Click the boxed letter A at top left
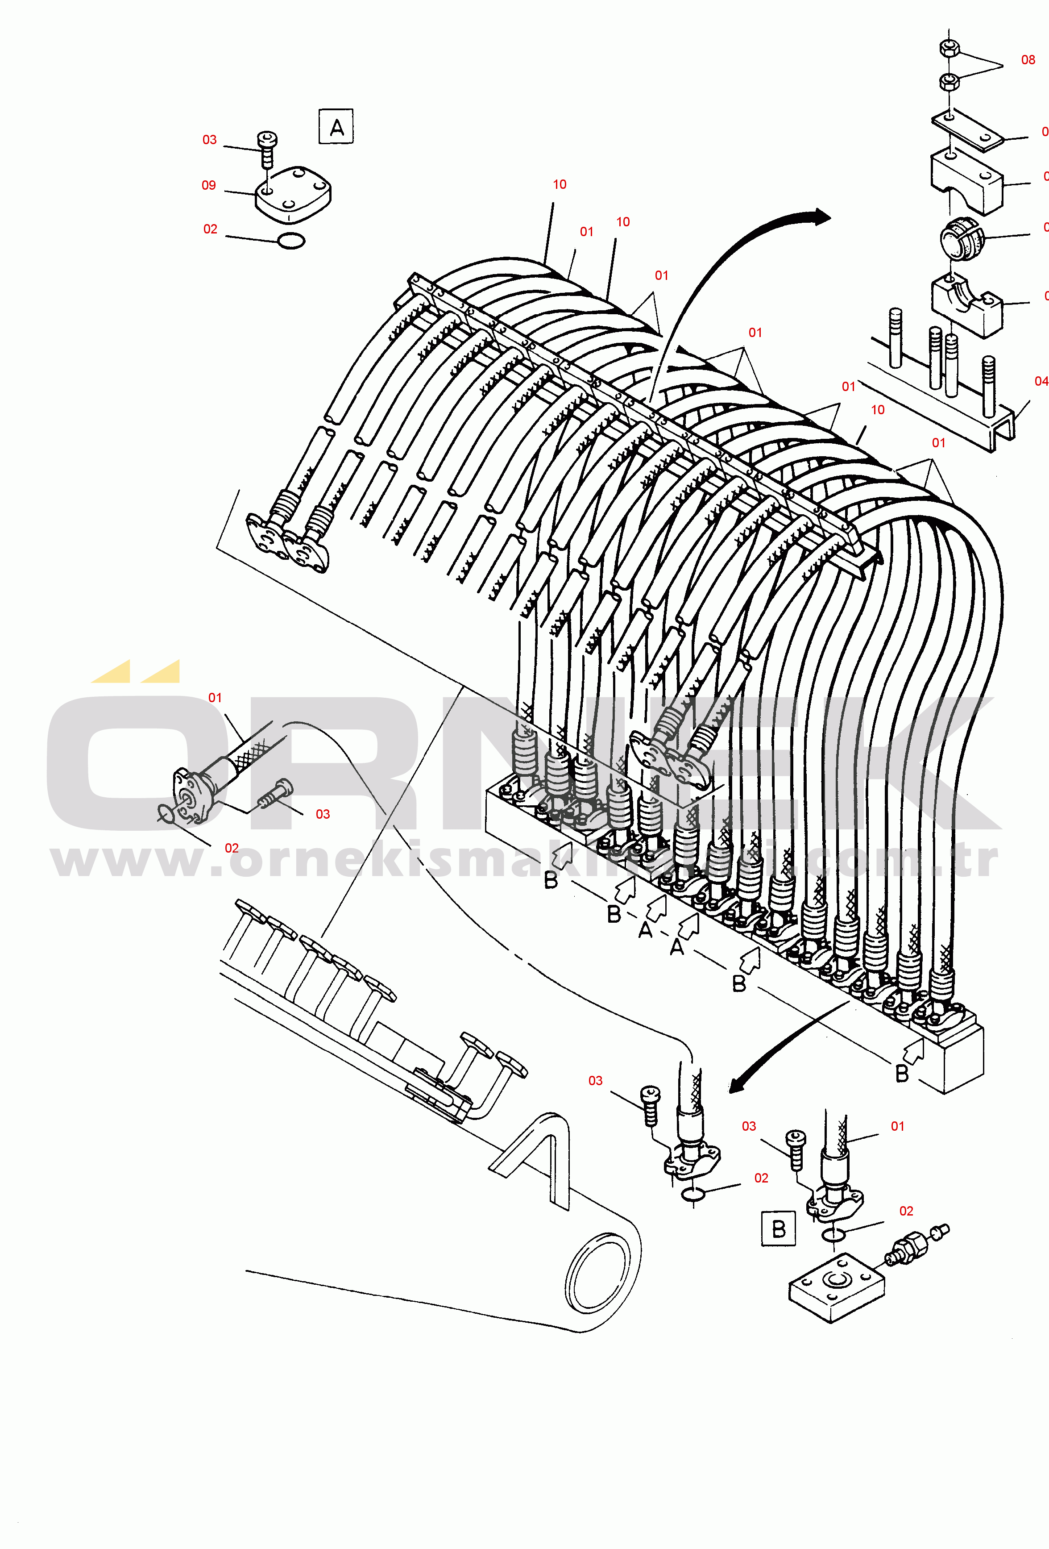pos(336,127)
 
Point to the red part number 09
pos(208,185)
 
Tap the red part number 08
pos(1028,60)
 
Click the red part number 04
pos(1041,381)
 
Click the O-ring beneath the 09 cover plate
pos(291,242)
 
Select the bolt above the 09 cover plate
pos(267,149)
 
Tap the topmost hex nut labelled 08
pos(949,48)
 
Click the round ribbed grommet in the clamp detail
pos(958,237)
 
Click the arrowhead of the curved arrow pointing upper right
pos(822,217)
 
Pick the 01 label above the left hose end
pos(215,698)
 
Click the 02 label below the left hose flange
pos(231,848)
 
